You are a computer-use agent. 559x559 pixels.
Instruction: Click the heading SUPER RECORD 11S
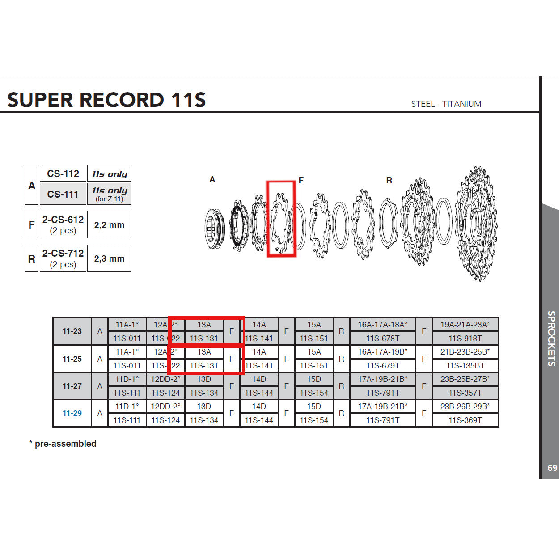[106, 100]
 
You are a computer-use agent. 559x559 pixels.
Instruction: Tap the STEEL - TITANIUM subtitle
[446, 104]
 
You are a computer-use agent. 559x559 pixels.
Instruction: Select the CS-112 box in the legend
[63, 174]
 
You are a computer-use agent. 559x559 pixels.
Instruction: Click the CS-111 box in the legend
[63, 194]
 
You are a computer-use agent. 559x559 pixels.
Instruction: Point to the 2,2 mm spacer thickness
[109, 225]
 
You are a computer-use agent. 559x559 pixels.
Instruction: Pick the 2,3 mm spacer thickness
[109, 258]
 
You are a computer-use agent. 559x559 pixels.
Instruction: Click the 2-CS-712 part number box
[63, 258]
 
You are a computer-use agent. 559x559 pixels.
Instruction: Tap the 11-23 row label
[72, 331]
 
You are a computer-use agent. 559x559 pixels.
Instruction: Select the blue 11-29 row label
[72, 413]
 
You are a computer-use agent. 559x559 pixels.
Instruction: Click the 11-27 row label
[72, 386]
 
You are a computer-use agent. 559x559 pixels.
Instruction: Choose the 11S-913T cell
[465, 339]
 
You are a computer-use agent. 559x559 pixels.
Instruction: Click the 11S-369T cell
[465, 420]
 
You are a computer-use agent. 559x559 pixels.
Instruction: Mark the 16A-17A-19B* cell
[382, 352]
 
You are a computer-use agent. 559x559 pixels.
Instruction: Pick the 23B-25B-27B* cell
[465, 379]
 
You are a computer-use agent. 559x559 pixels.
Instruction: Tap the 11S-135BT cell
[465, 366]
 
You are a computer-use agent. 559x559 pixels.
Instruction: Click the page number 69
[552, 468]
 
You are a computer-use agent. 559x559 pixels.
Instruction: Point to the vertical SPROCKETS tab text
[552, 339]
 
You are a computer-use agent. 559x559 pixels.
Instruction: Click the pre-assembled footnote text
[65, 444]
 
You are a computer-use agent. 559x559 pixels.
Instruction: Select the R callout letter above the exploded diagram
[389, 180]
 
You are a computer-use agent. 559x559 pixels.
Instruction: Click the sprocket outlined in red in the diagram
[281, 219]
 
